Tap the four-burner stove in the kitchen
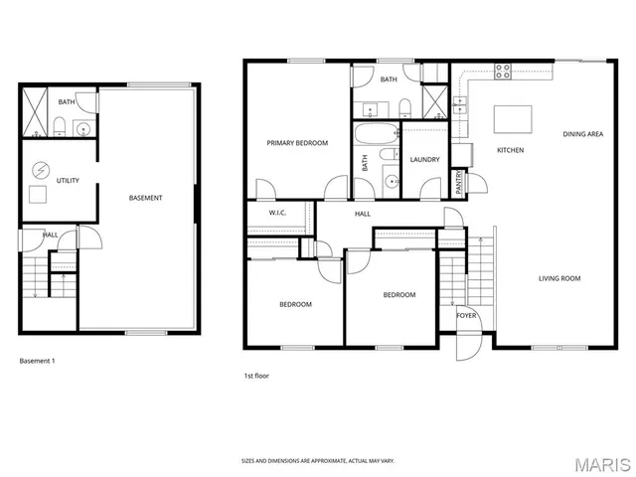[x=503, y=71]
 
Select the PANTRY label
[x=459, y=183]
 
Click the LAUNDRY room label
[x=424, y=159]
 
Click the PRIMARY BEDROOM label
[x=297, y=143]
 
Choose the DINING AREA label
[x=583, y=133]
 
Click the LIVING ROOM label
[x=559, y=278]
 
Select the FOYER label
[x=466, y=315]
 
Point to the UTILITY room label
[x=68, y=181]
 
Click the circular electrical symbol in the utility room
[x=41, y=168]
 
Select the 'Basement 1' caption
[x=38, y=361]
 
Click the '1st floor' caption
[x=256, y=376]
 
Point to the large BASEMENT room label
[x=146, y=198]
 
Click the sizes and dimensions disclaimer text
[x=318, y=461]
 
